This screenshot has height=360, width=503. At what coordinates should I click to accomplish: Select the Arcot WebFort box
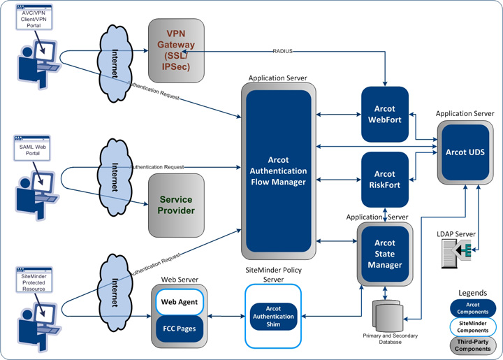pos(384,114)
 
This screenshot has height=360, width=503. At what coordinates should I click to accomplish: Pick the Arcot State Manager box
pos(384,254)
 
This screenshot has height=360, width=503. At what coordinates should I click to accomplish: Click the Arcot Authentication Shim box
pos(273,317)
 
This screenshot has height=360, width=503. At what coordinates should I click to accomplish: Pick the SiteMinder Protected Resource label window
pos(31,279)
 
